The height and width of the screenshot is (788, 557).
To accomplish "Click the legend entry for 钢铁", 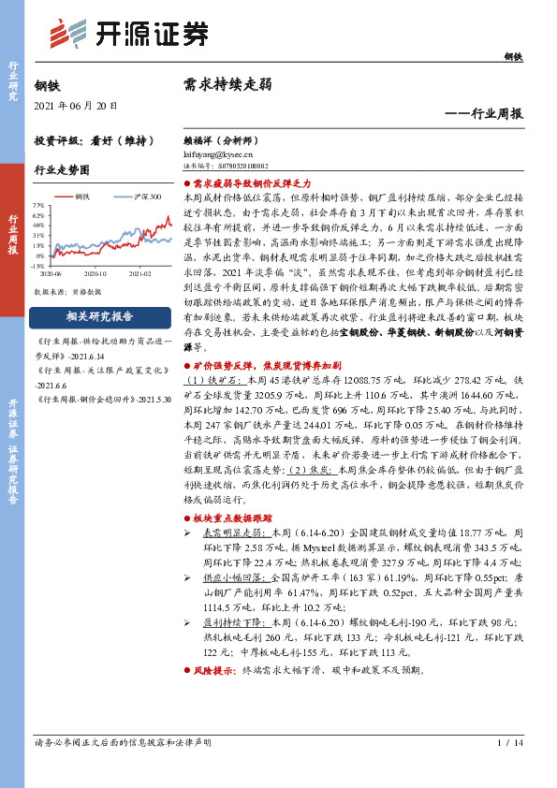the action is [x=81, y=197].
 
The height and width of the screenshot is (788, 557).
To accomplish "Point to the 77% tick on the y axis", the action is [x=38, y=205].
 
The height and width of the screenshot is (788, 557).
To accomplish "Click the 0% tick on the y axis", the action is [x=40, y=255].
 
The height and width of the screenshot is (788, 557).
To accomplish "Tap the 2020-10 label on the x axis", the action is [x=96, y=276].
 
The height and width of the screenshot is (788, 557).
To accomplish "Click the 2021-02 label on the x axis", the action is [x=140, y=276].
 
